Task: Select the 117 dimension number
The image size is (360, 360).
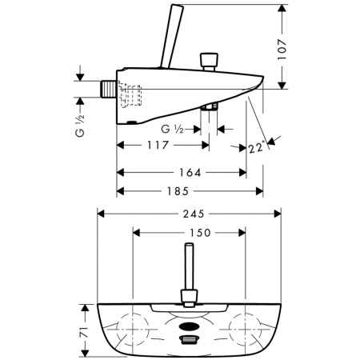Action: pos(158,146)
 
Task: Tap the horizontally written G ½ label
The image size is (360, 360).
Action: pos(171,128)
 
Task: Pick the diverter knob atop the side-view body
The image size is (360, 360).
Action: pos(210,60)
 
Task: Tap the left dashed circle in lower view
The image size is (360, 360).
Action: pos(132,326)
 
